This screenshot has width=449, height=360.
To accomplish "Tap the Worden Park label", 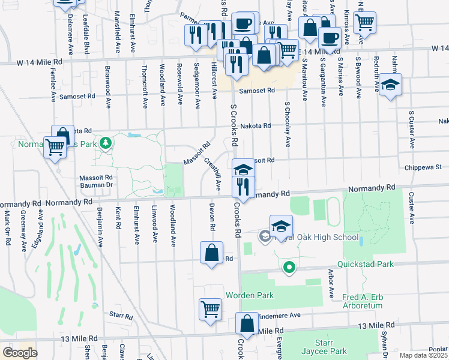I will coord(250,295).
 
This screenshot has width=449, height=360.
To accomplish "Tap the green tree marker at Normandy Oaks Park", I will coord(106,143).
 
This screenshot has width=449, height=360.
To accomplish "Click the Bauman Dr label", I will coord(97,185).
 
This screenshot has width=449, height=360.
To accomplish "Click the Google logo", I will coord(20,353).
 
